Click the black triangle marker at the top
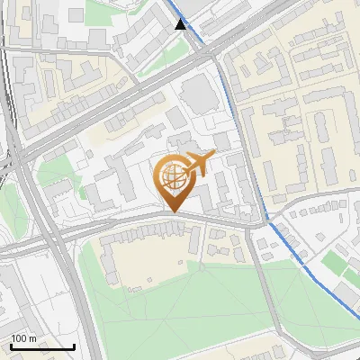pos(181,23)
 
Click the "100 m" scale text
pos(23,338)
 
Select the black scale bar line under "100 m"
pos(42,346)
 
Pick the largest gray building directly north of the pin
pos(197,94)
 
